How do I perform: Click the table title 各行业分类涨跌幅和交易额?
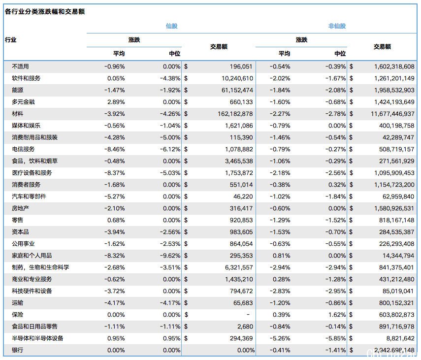tap(45, 11)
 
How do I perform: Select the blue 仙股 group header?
tap(171, 26)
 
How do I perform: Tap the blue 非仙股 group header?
tap(337, 26)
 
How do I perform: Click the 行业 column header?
tap(11, 40)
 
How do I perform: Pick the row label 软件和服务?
tap(26, 78)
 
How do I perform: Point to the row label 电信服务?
tap(23, 149)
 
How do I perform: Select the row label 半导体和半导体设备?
tap(37, 338)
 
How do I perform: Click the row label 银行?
tap(17, 350)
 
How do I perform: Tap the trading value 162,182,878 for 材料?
tap(235, 114)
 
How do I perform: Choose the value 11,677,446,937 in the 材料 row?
tap(392, 114)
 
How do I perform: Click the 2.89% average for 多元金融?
tap(116, 102)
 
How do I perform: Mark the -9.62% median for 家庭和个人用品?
tap(170, 256)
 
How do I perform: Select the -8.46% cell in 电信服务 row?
tap(115, 149)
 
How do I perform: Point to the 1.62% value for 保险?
tap(337, 315)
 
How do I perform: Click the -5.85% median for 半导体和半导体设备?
tap(336, 338)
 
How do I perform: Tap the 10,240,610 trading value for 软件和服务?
tap(237, 78)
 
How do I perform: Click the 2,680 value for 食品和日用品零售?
tap(245, 327)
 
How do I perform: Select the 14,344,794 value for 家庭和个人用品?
tap(398, 256)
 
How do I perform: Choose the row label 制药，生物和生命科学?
tap(40, 267)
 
